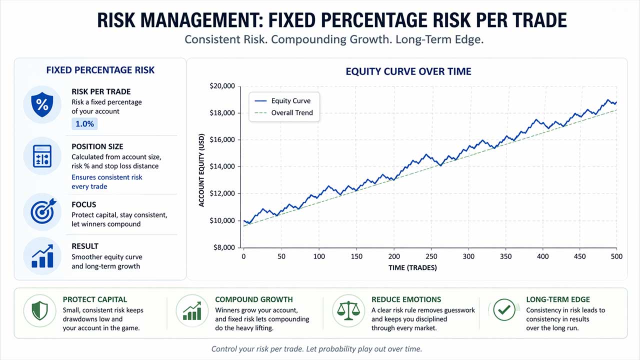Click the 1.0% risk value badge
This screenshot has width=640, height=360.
tap(84, 124)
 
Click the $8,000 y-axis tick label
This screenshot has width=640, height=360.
tap(222, 247)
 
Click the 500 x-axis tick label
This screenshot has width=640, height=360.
tap(616, 256)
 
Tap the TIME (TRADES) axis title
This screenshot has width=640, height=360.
tap(412, 268)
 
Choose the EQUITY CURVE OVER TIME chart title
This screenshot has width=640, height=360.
tap(408, 71)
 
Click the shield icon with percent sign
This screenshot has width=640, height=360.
tap(42, 104)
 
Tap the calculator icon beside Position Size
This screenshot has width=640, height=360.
tap(42, 156)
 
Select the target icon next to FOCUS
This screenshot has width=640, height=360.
tap(42, 212)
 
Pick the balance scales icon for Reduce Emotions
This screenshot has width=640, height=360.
tap(348, 310)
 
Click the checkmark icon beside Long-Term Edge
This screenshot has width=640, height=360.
tap(503, 310)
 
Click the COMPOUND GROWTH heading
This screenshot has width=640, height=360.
tap(254, 299)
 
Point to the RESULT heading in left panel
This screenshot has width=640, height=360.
tap(85, 246)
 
